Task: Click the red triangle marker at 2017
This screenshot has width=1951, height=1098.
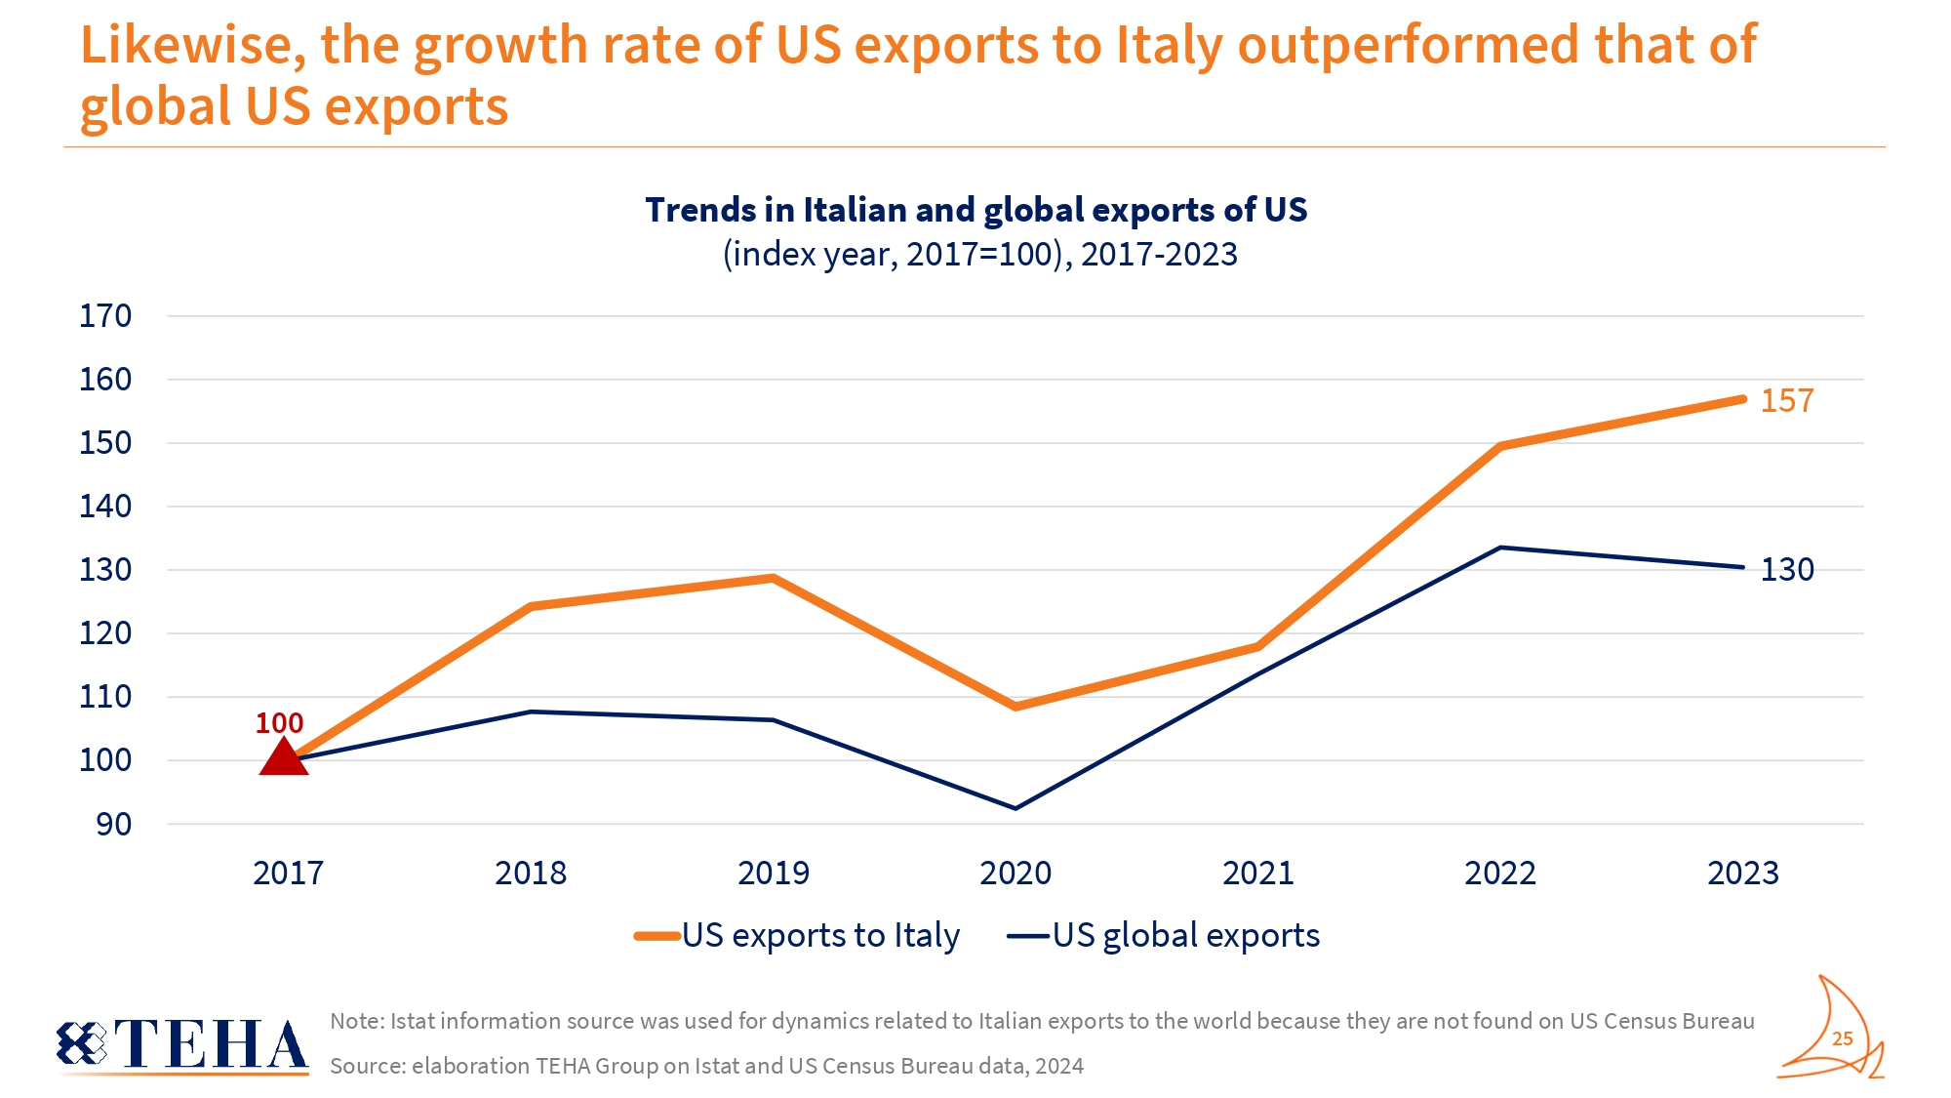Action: coord(284,757)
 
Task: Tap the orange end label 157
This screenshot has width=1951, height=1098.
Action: coord(1786,401)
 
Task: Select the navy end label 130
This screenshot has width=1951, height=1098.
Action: coord(1786,570)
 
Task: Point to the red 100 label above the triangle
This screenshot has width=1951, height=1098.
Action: coord(279,723)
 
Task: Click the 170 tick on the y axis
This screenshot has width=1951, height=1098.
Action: coord(105,316)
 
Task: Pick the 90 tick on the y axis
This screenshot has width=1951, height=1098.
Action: coord(113,825)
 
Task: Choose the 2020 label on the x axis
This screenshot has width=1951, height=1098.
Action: coord(1015,873)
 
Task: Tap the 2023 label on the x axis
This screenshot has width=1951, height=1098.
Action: coord(1742,873)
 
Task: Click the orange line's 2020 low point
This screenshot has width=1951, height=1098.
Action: coord(1015,706)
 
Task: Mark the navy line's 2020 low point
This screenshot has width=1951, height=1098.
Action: coord(1015,808)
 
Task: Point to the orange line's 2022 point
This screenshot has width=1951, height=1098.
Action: coord(1500,446)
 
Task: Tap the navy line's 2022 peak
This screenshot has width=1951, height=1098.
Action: coord(1500,548)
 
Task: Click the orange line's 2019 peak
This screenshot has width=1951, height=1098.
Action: coord(774,578)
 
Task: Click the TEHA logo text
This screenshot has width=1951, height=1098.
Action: coord(210,1044)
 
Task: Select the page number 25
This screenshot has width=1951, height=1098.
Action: coord(1842,1038)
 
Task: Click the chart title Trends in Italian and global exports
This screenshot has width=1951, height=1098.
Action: coord(975,210)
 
